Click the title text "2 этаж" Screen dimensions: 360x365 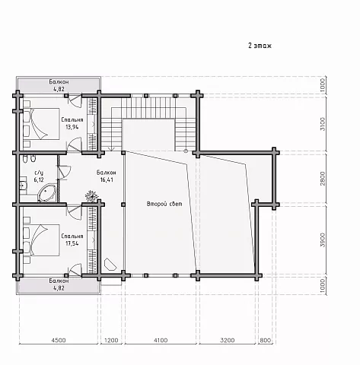point(260,46)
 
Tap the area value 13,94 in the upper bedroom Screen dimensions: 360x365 point(72,127)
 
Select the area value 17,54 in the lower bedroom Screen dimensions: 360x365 point(72,243)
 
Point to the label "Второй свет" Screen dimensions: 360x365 point(164,204)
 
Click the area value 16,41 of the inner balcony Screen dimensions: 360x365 point(107,180)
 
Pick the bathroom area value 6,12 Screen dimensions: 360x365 point(39,180)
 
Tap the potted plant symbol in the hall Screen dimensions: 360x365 point(91,196)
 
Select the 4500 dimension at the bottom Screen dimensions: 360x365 point(59,340)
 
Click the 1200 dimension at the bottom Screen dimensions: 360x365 point(111,340)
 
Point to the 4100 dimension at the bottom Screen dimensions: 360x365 point(161,340)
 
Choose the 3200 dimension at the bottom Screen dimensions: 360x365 point(228,340)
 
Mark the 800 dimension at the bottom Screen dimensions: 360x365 point(266,340)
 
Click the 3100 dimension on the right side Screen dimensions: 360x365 point(323,124)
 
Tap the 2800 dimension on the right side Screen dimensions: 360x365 point(323,179)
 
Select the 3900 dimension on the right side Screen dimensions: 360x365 point(323,240)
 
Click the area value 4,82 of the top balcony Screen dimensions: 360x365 point(59,89)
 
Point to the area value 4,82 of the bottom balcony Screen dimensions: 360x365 point(59,288)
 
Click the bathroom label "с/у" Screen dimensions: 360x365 point(39,173)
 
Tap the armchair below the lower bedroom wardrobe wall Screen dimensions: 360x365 point(110,265)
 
